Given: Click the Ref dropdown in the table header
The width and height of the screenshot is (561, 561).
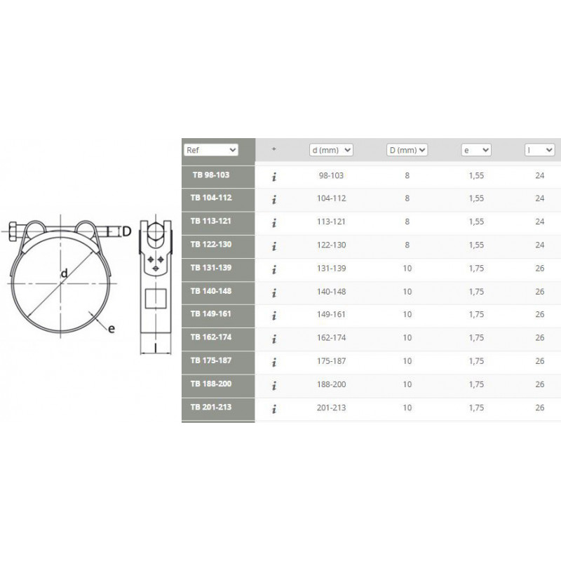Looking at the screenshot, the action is pos(211,150).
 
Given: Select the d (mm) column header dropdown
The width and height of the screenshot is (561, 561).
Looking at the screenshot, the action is pos(331,150).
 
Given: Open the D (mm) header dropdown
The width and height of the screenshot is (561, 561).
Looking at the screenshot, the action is pos(407,150).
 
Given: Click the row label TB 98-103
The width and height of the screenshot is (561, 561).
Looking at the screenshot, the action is pos(211,175).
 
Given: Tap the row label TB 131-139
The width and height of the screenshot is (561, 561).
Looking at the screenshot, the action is pos(211,268).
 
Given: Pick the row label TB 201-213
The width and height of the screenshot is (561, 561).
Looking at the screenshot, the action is pos(211,407).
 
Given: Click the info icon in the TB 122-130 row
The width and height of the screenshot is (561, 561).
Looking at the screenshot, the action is pos(274,246).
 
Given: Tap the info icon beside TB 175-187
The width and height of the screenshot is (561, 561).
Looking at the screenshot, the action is pos(274,363).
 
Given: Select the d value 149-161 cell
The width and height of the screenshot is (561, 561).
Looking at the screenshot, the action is pos(331,314).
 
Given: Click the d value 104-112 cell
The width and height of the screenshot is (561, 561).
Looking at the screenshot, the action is pos(331,198).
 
